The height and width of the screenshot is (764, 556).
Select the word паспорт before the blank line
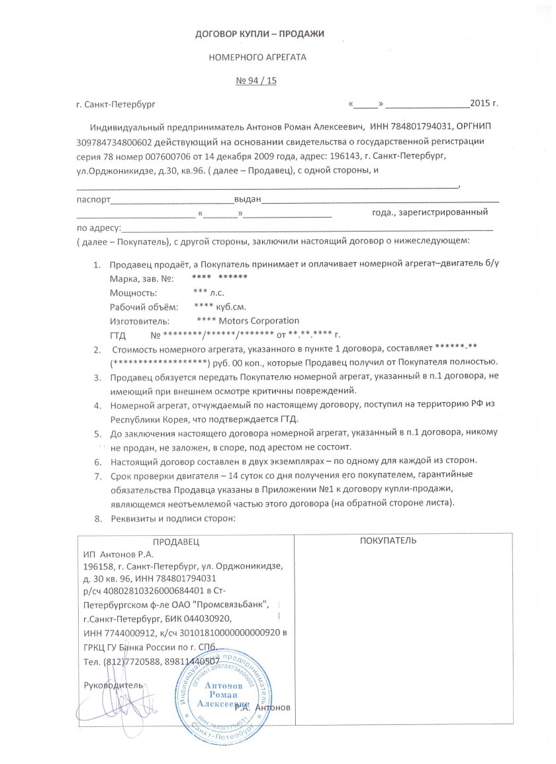tap(92, 199)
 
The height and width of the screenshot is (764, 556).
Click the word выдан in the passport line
tap(250, 199)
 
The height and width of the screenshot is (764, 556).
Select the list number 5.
tap(97, 434)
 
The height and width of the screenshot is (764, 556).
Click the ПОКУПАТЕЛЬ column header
tap(388, 541)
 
